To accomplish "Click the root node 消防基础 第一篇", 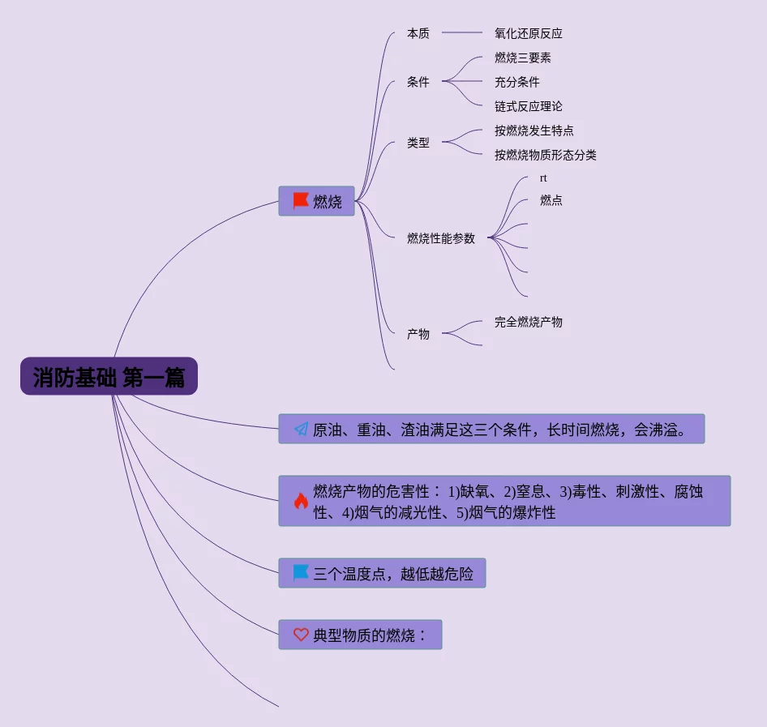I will [109, 377].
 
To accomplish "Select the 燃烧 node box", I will [317, 201].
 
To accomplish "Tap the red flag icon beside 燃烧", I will [301, 201].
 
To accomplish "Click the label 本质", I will [418, 33].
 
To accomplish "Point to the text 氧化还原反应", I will [529, 33].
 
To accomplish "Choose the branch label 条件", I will [418, 82].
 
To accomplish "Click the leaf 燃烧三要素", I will [523, 58].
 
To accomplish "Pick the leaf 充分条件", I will [517, 82].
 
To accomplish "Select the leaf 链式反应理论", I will [529, 106].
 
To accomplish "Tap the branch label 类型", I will [418, 143].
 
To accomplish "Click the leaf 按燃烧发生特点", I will [534, 130].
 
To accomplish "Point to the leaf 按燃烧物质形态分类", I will [546, 155].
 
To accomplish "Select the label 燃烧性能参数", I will [441, 238].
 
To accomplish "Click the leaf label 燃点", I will [551, 200].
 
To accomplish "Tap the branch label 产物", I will [418, 334].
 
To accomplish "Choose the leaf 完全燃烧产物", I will [529, 322].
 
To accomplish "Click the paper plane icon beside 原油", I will [301, 430].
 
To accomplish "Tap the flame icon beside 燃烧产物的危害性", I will [301, 501].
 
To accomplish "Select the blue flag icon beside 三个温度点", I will [301, 574].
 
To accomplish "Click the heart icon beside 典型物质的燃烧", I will [301, 635].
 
